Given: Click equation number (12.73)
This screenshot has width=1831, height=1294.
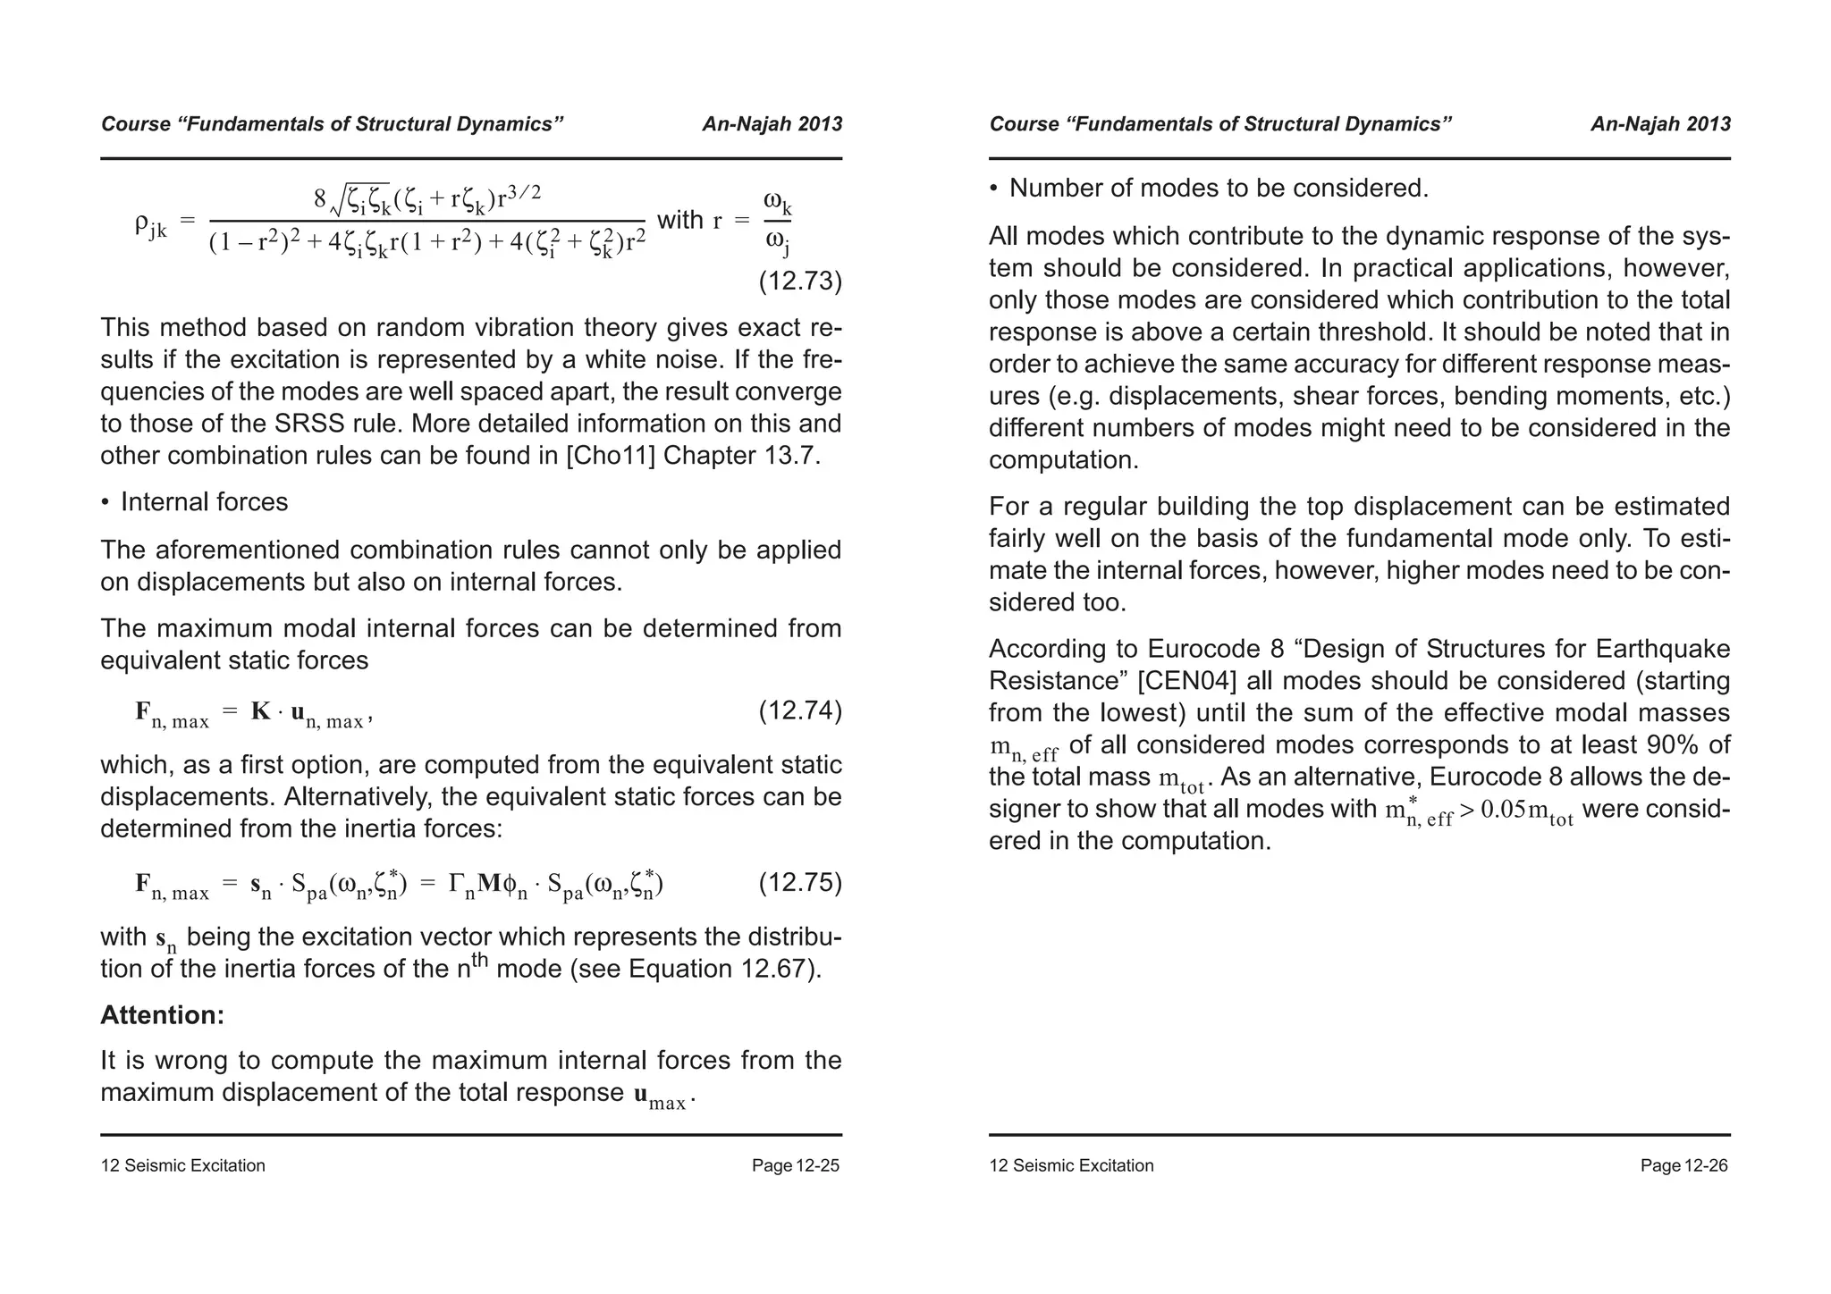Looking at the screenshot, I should click(800, 282).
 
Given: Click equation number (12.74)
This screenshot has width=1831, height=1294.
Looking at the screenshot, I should click(800, 711).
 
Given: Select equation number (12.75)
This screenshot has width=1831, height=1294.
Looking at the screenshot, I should click(800, 883).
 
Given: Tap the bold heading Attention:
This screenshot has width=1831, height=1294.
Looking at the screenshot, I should click(162, 1015).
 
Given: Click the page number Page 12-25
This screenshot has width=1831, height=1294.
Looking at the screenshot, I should click(795, 1165).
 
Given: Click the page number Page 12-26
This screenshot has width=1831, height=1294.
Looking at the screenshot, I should click(1683, 1165).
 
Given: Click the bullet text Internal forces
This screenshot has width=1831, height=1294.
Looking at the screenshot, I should click(204, 502).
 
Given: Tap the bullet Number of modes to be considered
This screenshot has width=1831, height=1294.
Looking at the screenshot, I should click(1219, 189).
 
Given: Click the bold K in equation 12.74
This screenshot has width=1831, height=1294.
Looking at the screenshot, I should click(260, 711).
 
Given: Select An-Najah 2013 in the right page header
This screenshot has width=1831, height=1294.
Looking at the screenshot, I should click(1660, 124).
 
